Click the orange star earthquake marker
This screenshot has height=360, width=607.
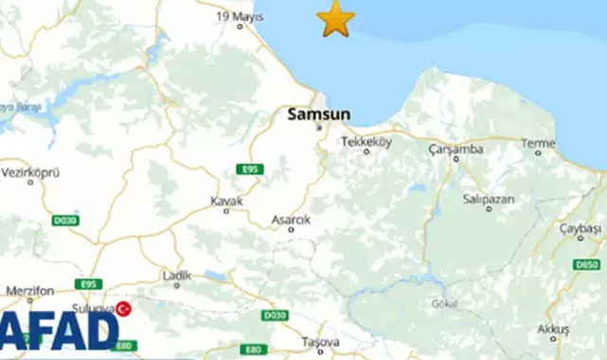pyautogui.click(x=336, y=18)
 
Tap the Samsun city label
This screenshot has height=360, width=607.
pyautogui.click(x=318, y=114)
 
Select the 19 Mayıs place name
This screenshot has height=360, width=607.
pyautogui.click(x=237, y=16)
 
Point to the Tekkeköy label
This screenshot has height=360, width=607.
pyautogui.click(x=366, y=140)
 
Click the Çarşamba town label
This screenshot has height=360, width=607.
pyautogui.click(x=455, y=149)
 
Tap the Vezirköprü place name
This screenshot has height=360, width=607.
pyautogui.click(x=31, y=173)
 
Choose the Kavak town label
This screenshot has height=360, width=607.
pyautogui.click(x=226, y=201)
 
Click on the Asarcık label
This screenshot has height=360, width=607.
pyautogui.click(x=290, y=219)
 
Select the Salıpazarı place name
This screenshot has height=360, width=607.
pyautogui.click(x=488, y=198)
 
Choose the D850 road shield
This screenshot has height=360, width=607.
pyautogui.click(x=588, y=263)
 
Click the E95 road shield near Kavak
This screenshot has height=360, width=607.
pyautogui.click(x=251, y=170)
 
